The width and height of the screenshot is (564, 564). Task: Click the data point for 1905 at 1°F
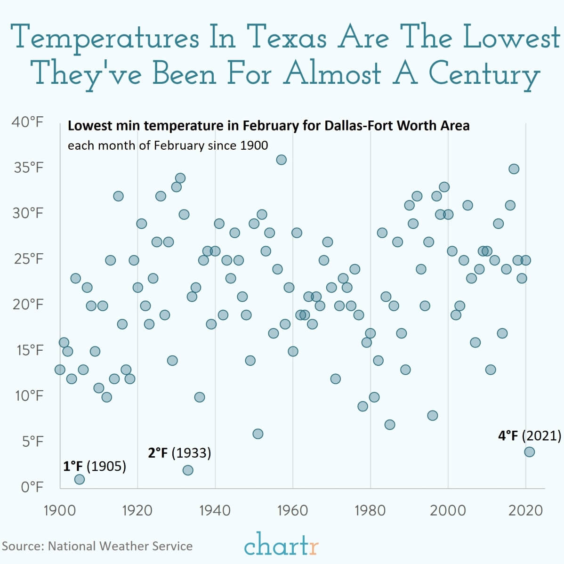click(79, 479)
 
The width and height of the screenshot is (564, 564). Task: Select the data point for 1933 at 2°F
click(188, 470)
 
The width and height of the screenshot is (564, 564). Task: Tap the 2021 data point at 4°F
click(529, 451)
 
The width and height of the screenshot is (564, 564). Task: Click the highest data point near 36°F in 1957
click(281, 160)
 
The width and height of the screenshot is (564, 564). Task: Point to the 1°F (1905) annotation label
click(95, 466)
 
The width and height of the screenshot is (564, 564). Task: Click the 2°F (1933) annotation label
click(179, 452)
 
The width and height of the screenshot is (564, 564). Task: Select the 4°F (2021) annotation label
click(530, 435)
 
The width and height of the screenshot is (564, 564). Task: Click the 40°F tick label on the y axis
click(27, 122)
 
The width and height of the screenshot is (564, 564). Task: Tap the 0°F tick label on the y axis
click(32, 487)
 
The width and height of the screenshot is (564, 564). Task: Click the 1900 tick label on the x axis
click(60, 510)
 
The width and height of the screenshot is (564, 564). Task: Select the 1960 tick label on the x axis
click(292, 510)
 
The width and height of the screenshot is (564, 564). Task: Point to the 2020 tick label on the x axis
click(525, 510)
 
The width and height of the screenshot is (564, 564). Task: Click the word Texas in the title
click(288, 38)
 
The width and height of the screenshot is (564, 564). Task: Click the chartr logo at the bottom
click(281, 545)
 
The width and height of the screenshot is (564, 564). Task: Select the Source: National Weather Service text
click(97, 546)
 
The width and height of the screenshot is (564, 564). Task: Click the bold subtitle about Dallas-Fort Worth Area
click(268, 126)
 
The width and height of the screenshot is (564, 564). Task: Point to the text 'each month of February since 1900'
click(168, 145)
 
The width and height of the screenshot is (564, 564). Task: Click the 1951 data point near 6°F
click(258, 434)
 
